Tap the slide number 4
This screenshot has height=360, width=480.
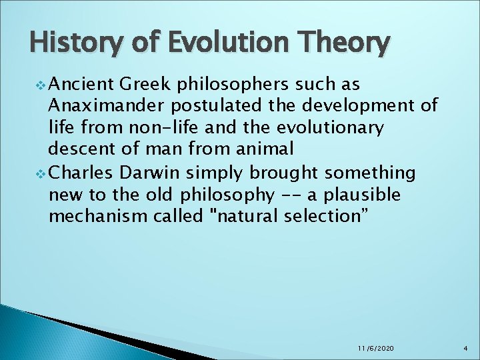467,349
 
